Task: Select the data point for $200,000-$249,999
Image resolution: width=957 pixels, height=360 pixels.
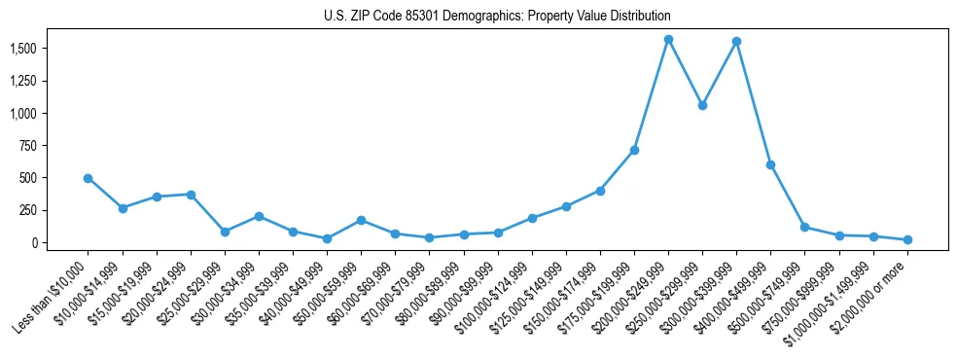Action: coord(668,40)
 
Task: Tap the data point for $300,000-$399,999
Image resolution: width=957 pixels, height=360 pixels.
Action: coord(736,42)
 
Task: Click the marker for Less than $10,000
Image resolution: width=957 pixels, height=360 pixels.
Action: coord(89,178)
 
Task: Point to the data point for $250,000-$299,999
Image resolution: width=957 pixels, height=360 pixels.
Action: coord(702,105)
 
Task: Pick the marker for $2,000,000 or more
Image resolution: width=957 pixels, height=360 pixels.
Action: coord(907,239)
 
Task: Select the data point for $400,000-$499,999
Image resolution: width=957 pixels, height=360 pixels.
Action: coord(770,164)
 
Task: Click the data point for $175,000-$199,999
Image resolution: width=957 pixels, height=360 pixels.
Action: coord(634,150)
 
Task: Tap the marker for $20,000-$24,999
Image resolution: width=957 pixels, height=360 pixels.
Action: coord(191,195)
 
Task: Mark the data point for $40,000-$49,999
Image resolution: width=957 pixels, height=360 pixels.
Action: coord(327,238)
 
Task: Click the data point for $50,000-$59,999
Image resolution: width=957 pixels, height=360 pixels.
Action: coord(361,220)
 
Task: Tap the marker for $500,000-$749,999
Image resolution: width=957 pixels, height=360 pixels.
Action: coord(804,227)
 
